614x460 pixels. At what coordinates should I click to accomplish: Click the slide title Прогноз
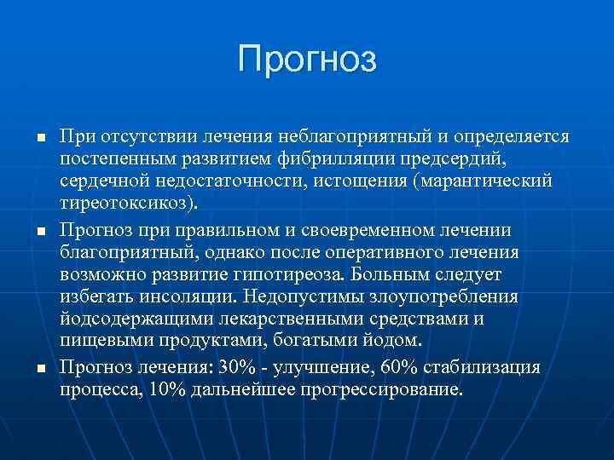click(307, 60)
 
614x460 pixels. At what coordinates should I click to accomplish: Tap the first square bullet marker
click(30, 139)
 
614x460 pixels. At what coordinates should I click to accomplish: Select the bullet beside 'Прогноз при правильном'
click(30, 233)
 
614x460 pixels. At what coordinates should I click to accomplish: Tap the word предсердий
click(445, 160)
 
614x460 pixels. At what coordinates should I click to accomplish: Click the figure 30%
click(238, 367)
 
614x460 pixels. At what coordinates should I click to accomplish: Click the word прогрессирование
click(389, 390)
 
